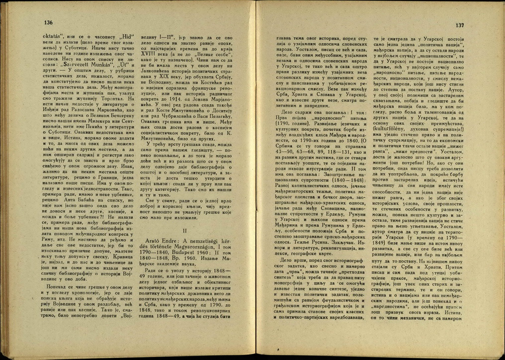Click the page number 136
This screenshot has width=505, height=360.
click(x=48, y=23)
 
